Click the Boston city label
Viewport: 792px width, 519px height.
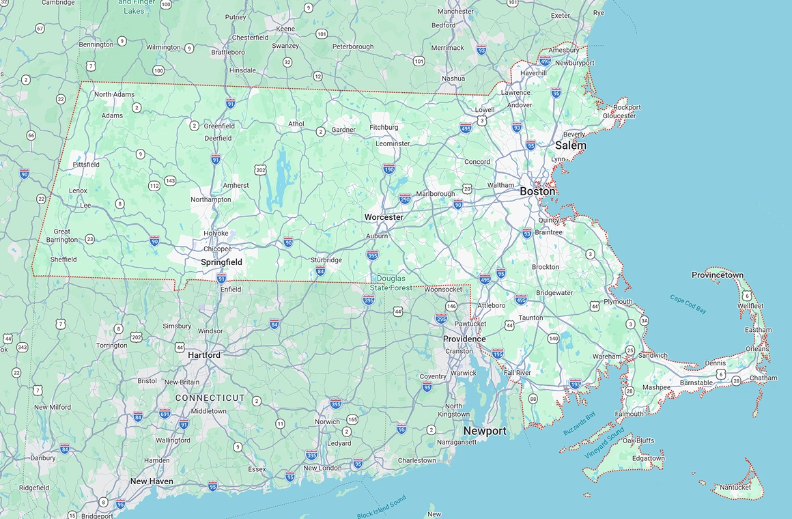pyautogui.click(x=537, y=191)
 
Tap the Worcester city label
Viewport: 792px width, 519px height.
pyautogui.click(x=384, y=217)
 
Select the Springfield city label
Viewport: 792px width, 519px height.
pyautogui.click(x=221, y=262)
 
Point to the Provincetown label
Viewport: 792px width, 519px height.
pyautogui.click(x=718, y=275)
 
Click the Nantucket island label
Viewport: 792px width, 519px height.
pyautogui.click(x=735, y=488)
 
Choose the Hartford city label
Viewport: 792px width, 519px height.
pyautogui.click(x=204, y=355)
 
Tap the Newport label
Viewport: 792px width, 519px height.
pyautogui.click(x=485, y=431)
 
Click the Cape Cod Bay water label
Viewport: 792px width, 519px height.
pyautogui.click(x=688, y=304)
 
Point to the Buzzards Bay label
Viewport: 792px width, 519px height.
pyautogui.click(x=580, y=424)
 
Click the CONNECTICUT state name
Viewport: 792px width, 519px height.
pyautogui.click(x=210, y=397)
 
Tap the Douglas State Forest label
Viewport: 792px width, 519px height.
pyautogui.click(x=391, y=283)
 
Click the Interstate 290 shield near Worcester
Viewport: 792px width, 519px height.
pyautogui.click(x=405, y=199)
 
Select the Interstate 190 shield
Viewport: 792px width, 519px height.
pyautogui.click(x=388, y=169)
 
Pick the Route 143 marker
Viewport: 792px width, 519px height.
pyautogui.click(x=170, y=181)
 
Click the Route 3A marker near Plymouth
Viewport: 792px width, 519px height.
pyautogui.click(x=644, y=321)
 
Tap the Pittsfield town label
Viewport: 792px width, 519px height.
pyautogui.click(x=86, y=165)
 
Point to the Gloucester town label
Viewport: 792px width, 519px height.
pyautogui.click(x=619, y=116)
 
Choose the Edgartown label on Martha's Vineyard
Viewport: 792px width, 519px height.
pyautogui.click(x=647, y=458)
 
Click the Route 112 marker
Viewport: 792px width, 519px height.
pyautogui.click(x=154, y=186)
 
